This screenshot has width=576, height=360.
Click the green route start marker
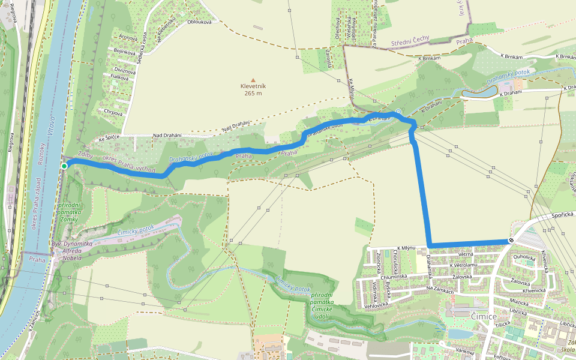64,166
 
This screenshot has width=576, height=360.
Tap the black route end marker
511,241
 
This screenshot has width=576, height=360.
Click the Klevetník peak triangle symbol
253,80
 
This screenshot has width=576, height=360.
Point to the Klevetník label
253,86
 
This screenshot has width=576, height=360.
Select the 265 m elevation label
253,93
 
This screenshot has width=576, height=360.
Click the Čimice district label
484,316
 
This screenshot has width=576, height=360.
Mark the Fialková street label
119,77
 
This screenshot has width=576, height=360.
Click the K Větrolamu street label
463,265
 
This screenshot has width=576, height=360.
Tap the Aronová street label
128,38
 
